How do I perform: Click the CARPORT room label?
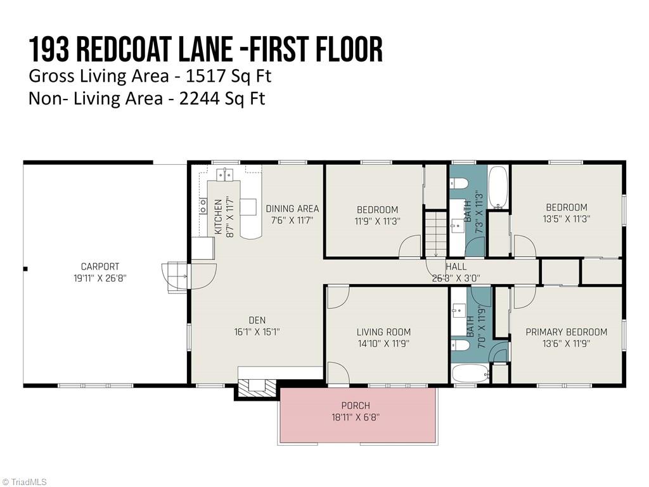tap(100, 267)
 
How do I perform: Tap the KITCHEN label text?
tap(218, 217)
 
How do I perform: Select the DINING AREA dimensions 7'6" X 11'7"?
tap(292, 221)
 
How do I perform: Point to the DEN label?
tap(257, 320)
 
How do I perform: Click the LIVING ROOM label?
tap(383, 332)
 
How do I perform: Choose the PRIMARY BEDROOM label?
tap(566, 332)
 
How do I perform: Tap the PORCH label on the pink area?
tap(356, 405)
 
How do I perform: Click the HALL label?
tap(456, 267)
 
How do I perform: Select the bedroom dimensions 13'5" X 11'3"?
tap(566, 219)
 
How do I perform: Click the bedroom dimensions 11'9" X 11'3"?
tap(377, 221)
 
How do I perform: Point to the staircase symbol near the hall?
tap(436, 235)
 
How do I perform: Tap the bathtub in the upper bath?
tap(498, 187)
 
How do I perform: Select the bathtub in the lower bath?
tap(470, 373)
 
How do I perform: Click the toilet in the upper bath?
tap(459, 184)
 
